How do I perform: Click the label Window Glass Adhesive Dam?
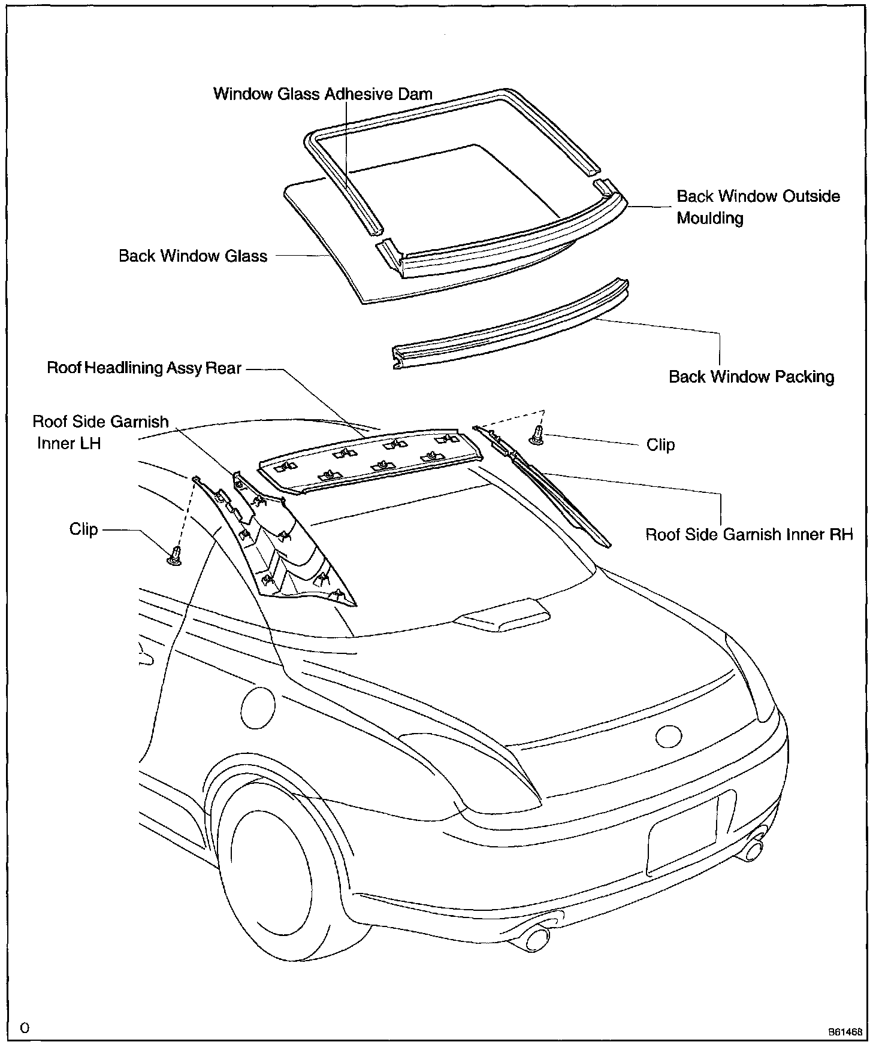pyautogui.click(x=322, y=94)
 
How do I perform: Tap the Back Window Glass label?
pyautogui.click(x=193, y=256)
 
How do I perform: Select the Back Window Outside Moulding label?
pyautogui.click(x=758, y=207)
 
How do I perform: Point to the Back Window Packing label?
pyautogui.click(x=751, y=377)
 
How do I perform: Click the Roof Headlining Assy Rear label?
pyautogui.click(x=144, y=368)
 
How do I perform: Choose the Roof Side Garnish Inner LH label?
pyautogui.click(x=100, y=432)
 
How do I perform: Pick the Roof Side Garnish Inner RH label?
pyautogui.click(x=748, y=534)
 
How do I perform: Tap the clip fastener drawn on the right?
pyautogui.click(x=536, y=435)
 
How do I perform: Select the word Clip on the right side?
pyautogui.click(x=660, y=445)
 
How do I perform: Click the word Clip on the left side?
pyautogui.click(x=83, y=529)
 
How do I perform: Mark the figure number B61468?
pyautogui.click(x=845, y=1032)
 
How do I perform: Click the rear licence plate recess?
pyautogui.click(x=683, y=835)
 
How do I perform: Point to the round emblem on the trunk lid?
pyautogui.click(x=669, y=736)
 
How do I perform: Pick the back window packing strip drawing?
pyautogui.click(x=509, y=326)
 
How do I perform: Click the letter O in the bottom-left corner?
pyautogui.click(x=25, y=1028)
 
